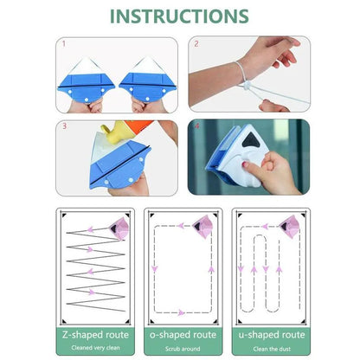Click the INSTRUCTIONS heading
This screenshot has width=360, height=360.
[180, 16]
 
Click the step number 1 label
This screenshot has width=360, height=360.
[63, 42]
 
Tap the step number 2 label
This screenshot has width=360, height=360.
[196, 42]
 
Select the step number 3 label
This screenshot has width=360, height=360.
[63, 126]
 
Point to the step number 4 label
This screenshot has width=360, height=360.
[196, 126]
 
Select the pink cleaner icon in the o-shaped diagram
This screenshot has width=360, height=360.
[202, 224]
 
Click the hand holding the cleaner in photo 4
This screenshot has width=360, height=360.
[275, 169]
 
